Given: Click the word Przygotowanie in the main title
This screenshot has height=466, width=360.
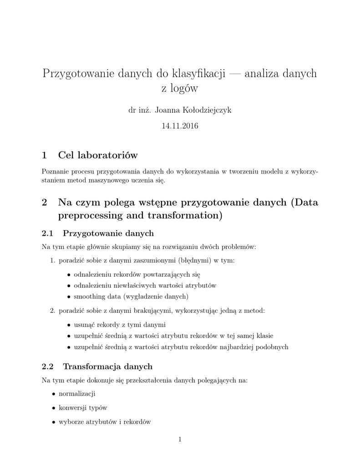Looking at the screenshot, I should coord(73,73).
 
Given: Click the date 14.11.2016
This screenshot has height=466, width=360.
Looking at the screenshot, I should coord(180,126).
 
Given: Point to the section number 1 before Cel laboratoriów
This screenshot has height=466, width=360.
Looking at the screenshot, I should coord(44,155).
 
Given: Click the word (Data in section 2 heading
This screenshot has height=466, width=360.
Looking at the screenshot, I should coord(304,203).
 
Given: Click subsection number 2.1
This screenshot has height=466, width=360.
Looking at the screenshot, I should coord(48,233).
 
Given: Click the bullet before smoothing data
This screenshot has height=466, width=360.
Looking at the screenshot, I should coord(69,297).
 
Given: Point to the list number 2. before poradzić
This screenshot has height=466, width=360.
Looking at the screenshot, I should coord(53,311).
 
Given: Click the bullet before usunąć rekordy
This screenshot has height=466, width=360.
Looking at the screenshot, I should coord(69,325).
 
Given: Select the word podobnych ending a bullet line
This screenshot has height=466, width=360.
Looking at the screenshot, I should coord(272,347).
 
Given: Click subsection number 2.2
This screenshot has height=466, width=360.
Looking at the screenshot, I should coord(48,366).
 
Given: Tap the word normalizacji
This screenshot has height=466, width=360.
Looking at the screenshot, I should coord(77,394).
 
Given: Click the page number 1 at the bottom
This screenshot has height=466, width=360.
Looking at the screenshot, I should coord(180,440).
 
